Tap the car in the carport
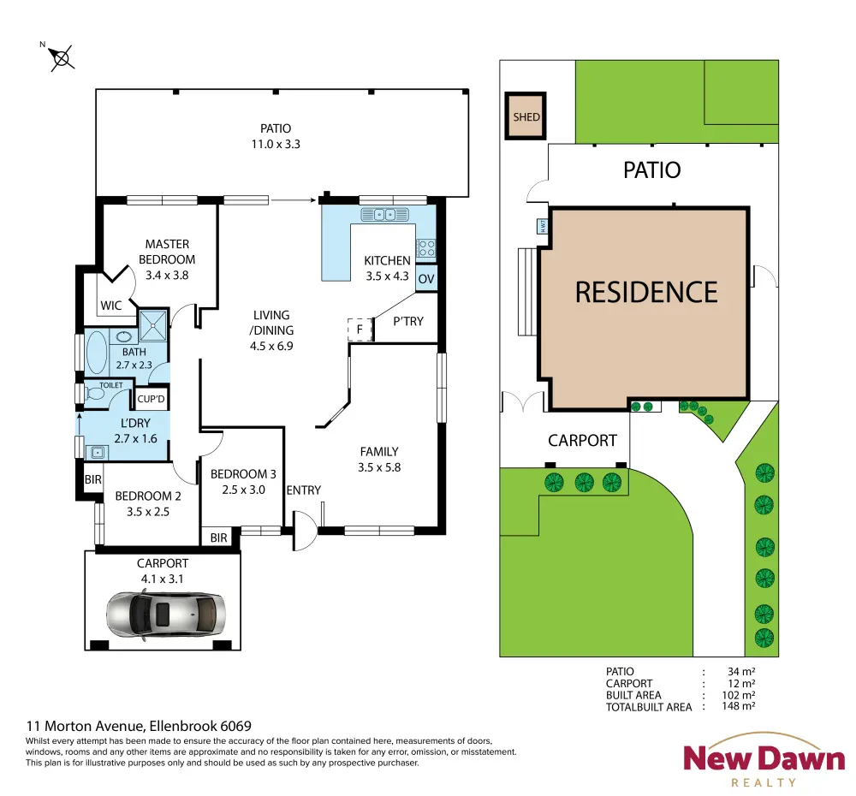tap(165, 615)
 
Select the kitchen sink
tap(384, 215)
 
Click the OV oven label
tap(425, 279)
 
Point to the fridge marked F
tap(360, 330)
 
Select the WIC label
tap(110, 306)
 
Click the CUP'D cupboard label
tap(151, 399)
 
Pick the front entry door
tap(305, 531)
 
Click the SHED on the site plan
tap(526, 116)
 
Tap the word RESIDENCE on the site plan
tap(646, 292)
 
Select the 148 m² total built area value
tap(738, 706)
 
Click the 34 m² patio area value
tap(741, 672)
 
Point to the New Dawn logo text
tap(764, 758)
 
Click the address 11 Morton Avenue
tap(86, 726)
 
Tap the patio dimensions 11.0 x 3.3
tap(276, 144)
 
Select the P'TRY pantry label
tap(408, 321)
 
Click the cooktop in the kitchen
tap(425, 248)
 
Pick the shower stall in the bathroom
tap(153, 325)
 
